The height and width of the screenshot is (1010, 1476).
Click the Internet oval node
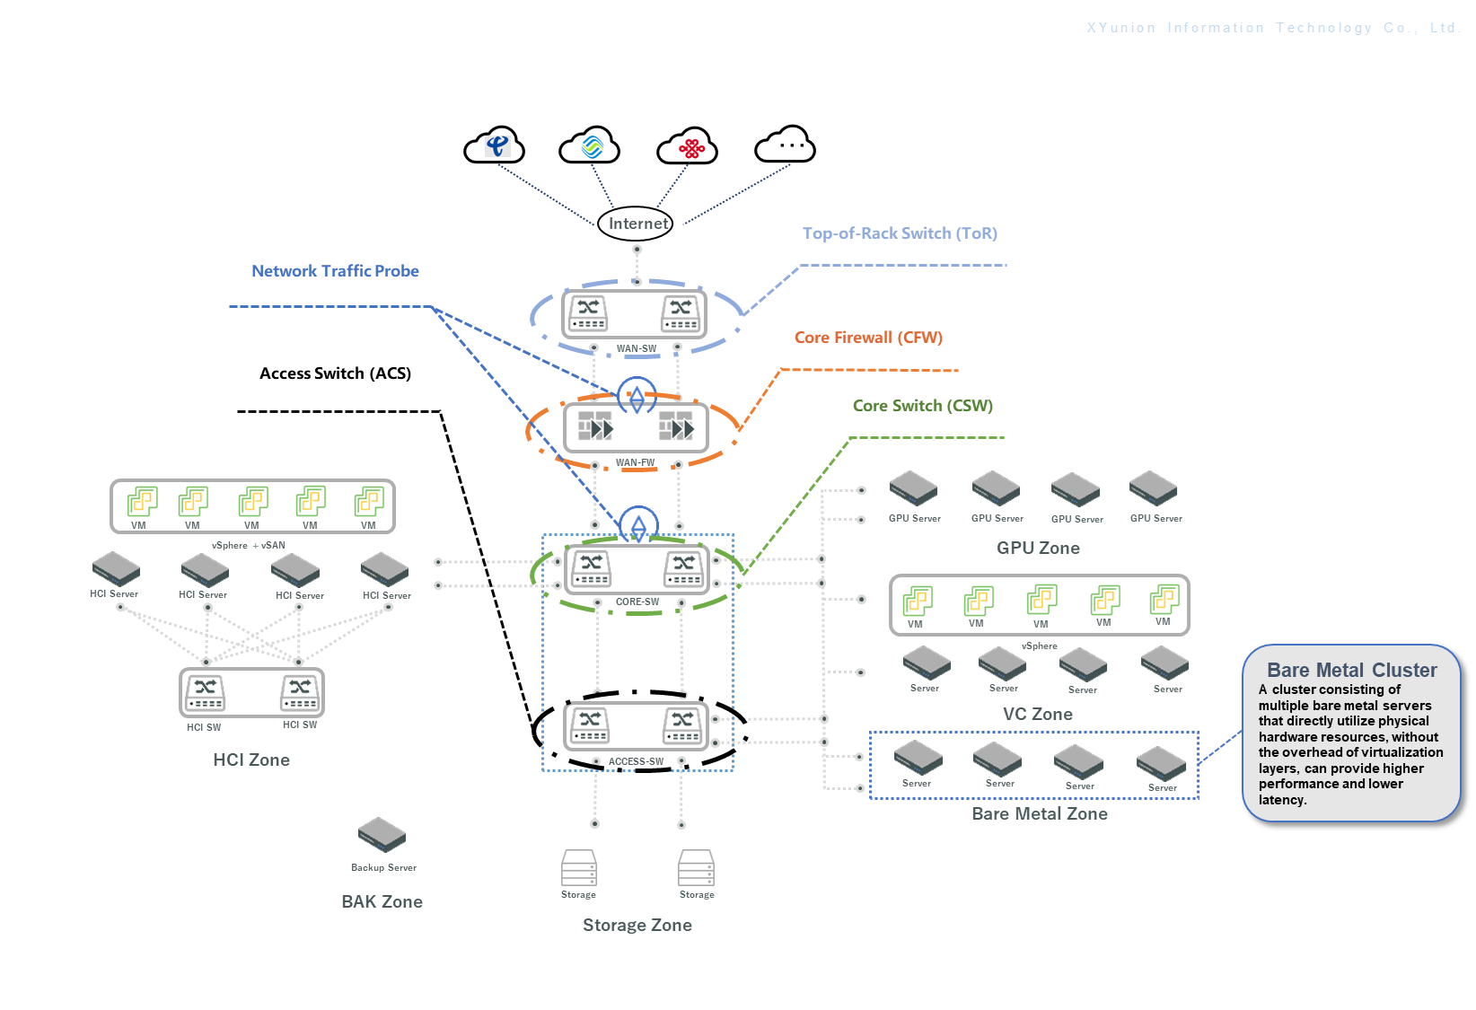[636, 224]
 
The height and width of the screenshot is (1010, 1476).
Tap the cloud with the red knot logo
[687, 146]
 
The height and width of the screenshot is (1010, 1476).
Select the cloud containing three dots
[786, 145]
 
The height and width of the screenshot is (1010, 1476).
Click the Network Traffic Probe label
[335, 271]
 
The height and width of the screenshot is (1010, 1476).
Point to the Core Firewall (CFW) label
[868, 338]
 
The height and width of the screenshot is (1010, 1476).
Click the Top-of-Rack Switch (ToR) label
[900, 233]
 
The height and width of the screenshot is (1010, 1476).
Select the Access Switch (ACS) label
[335, 373]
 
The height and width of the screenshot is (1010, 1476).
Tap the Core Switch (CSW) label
[922, 406]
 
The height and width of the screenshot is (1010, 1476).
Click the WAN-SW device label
[636, 348]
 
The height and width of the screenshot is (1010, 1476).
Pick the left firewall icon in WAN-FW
[595, 426]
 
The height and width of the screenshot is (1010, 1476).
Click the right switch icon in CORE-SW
[684, 567]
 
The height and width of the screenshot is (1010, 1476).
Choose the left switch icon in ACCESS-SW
[590, 725]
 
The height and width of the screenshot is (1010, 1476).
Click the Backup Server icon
[382, 835]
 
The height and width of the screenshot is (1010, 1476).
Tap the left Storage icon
[578, 868]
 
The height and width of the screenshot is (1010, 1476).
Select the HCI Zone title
[251, 760]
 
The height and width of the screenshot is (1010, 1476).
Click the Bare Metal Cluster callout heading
[1351, 671]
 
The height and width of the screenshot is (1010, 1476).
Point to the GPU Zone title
[1038, 549]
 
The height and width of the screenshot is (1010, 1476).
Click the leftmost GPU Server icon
[914, 488]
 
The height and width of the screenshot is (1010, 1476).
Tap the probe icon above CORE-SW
[638, 524]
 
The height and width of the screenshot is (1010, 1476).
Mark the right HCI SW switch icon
[300, 692]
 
